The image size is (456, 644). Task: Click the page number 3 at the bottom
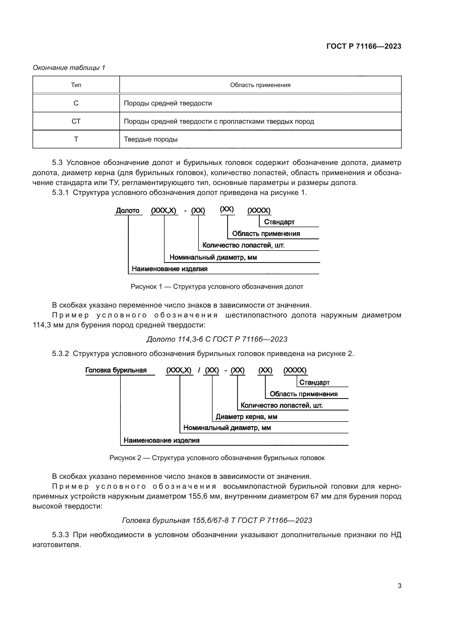click(399, 586)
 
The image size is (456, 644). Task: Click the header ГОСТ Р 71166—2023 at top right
click(364, 46)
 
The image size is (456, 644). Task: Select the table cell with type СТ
click(76, 121)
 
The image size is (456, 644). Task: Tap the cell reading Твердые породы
click(151, 139)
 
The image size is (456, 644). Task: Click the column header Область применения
click(260, 85)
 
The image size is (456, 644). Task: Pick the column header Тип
click(76, 85)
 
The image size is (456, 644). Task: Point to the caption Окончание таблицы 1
click(69, 68)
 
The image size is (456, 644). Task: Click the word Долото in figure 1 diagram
click(128, 210)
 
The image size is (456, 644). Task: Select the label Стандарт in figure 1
click(279, 222)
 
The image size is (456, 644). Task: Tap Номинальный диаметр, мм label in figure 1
click(213, 257)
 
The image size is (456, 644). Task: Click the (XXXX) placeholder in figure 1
click(259, 210)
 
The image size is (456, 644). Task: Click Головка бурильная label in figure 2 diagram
click(116, 370)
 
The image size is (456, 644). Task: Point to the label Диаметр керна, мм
click(246, 417)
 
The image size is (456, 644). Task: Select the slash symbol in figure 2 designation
click(199, 370)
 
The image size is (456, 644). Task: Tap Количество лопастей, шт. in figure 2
click(282, 405)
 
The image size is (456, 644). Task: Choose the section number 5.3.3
click(60, 535)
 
